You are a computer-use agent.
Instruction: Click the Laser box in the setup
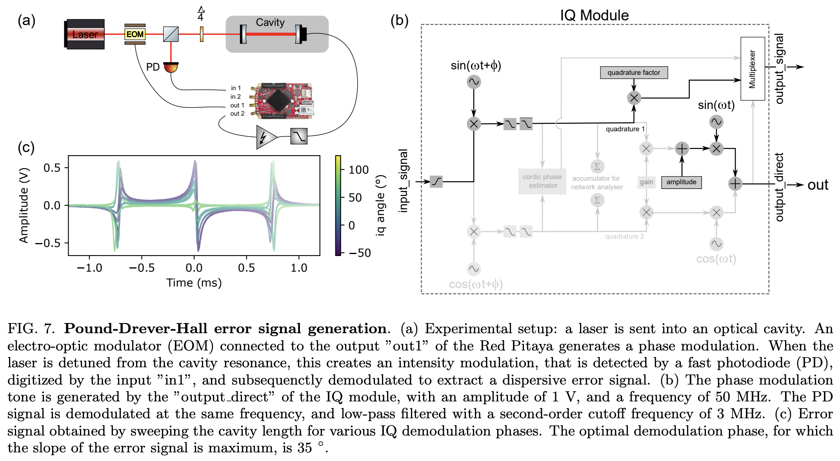coord(85,34)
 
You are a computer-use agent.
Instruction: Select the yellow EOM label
coord(135,34)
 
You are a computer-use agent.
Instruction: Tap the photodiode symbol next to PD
coord(171,67)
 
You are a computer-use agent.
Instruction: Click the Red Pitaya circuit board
coord(284,101)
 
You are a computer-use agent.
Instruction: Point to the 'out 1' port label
coord(237,105)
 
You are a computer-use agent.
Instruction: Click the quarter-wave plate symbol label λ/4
coord(201,14)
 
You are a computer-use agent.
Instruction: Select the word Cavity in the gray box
coord(270,22)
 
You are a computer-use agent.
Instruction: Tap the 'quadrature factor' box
coord(633,73)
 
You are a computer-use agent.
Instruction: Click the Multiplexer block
coord(752,69)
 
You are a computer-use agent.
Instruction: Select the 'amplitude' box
coord(681,182)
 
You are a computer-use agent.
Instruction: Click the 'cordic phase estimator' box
coord(542,181)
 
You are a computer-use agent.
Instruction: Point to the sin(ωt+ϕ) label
coord(476,65)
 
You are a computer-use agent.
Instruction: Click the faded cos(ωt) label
coord(716,259)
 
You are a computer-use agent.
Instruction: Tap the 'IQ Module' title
coord(594,15)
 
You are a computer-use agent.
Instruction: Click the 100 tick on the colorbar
coord(358,170)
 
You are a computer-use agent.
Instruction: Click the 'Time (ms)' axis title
coord(194,283)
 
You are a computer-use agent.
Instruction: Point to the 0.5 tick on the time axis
coord(246,268)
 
